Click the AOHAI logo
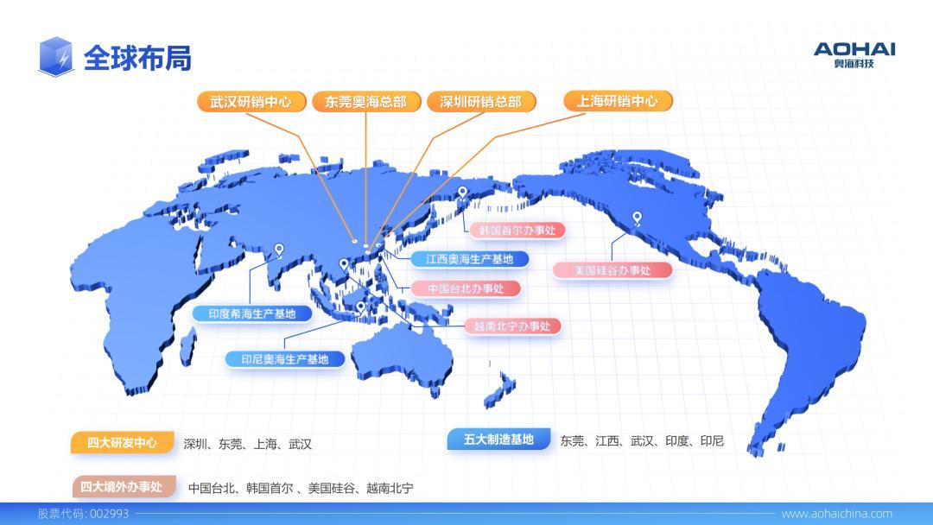point(854,54)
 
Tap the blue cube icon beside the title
point(56,57)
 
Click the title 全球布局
point(137,58)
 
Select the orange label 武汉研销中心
point(251,102)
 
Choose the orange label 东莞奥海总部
point(366,102)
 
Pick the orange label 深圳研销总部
point(481,102)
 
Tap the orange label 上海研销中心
point(618,101)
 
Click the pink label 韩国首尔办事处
point(517,230)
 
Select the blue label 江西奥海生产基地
point(469,259)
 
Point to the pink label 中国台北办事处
point(466,289)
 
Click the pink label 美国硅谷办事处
point(612,270)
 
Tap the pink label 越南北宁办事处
point(512,326)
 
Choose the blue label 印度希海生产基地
point(251,314)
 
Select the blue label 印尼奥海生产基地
point(285,359)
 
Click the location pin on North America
point(638,218)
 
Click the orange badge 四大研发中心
point(122,442)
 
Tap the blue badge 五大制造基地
point(498,440)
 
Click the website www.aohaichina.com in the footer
point(836,514)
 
